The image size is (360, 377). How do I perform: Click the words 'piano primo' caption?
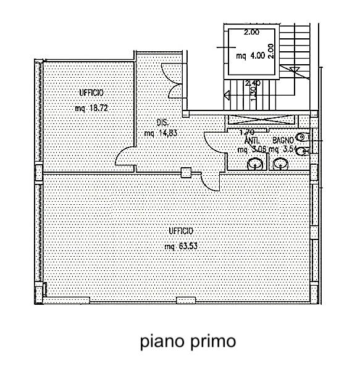[187, 341]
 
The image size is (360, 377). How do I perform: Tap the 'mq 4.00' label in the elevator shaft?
[250, 54]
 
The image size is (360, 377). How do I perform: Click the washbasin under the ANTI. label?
[254, 164]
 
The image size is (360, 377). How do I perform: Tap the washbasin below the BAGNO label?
[281, 164]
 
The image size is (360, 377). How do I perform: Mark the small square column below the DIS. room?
[185, 173]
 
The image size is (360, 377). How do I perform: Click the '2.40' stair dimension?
[252, 83]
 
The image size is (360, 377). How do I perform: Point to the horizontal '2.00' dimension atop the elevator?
[251, 32]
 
